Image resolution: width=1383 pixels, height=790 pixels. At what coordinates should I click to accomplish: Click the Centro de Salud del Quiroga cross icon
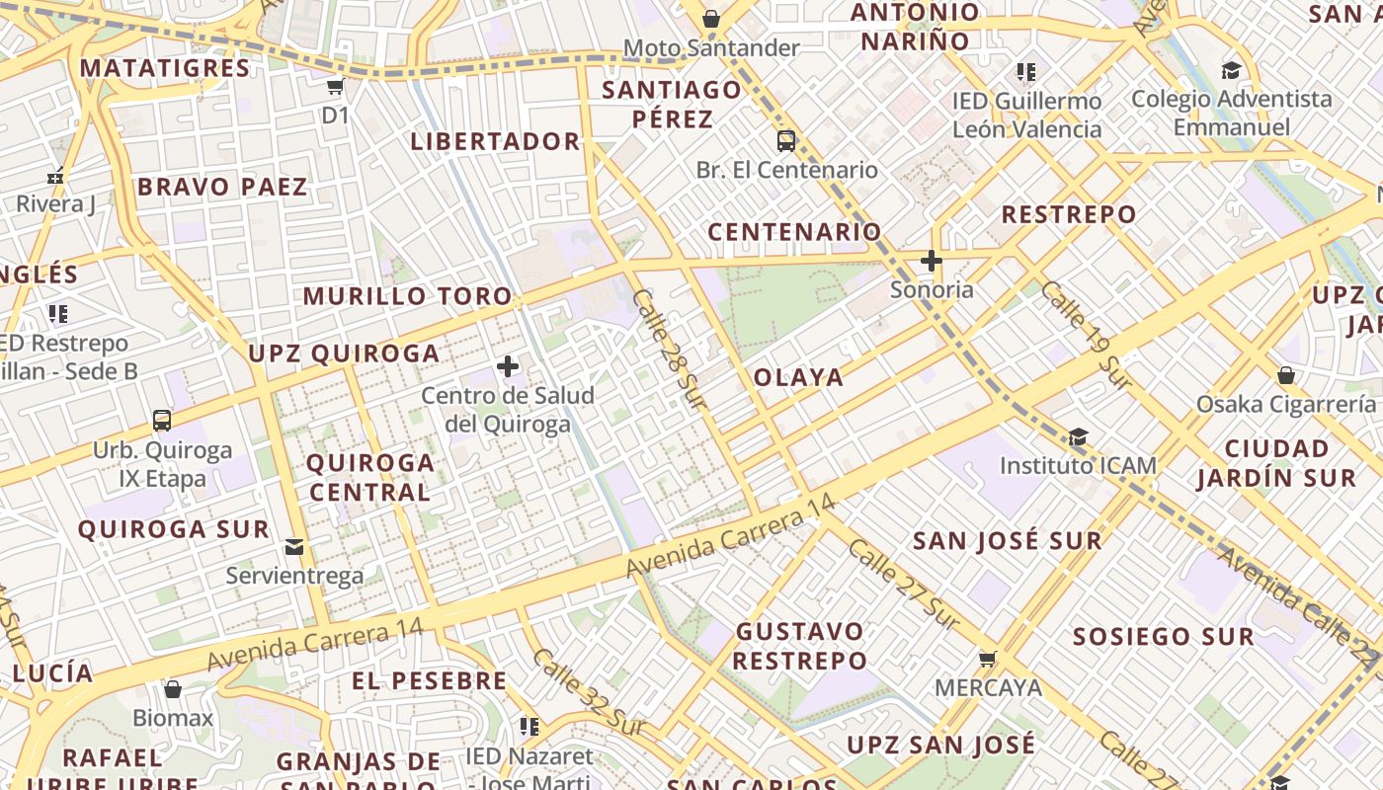[x=508, y=367]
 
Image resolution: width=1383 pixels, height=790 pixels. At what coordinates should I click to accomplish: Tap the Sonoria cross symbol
[x=931, y=262]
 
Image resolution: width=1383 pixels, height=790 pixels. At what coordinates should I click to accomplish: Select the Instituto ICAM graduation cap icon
[x=1078, y=437]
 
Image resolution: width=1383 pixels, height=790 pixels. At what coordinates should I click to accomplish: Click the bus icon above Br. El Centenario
[x=786, y=141]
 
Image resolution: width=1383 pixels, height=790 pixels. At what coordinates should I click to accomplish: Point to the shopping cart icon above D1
[x=336, y=87]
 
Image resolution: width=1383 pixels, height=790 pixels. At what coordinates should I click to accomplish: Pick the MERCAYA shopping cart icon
[x=987, y=659]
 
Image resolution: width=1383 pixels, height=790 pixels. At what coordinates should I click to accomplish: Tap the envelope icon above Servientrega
[x=294, y=546]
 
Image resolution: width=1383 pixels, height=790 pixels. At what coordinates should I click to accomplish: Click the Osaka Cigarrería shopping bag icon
[x=1286, y=376]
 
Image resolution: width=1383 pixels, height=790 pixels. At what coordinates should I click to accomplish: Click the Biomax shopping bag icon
[x=173, y=689]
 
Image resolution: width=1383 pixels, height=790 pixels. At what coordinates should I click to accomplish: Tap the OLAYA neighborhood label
[x=799, y=377]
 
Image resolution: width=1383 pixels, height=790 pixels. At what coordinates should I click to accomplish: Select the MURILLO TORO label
[x=408, y=296]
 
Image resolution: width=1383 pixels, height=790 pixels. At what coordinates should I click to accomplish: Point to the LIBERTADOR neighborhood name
[x=496, y=141]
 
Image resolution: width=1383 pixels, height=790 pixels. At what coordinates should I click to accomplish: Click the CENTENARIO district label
[x=795, y=232]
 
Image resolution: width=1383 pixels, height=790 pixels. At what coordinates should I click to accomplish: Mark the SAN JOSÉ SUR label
[x=1007, y=541]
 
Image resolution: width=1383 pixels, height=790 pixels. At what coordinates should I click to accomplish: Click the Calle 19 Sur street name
[x=1085, y=334]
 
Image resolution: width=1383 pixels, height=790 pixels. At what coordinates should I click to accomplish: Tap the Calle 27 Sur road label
[x=902, y=585]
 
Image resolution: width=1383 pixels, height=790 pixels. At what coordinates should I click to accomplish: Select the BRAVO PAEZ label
[x=222, y=187]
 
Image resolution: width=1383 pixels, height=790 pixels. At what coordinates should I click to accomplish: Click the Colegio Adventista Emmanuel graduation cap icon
[x=1231, y=71]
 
